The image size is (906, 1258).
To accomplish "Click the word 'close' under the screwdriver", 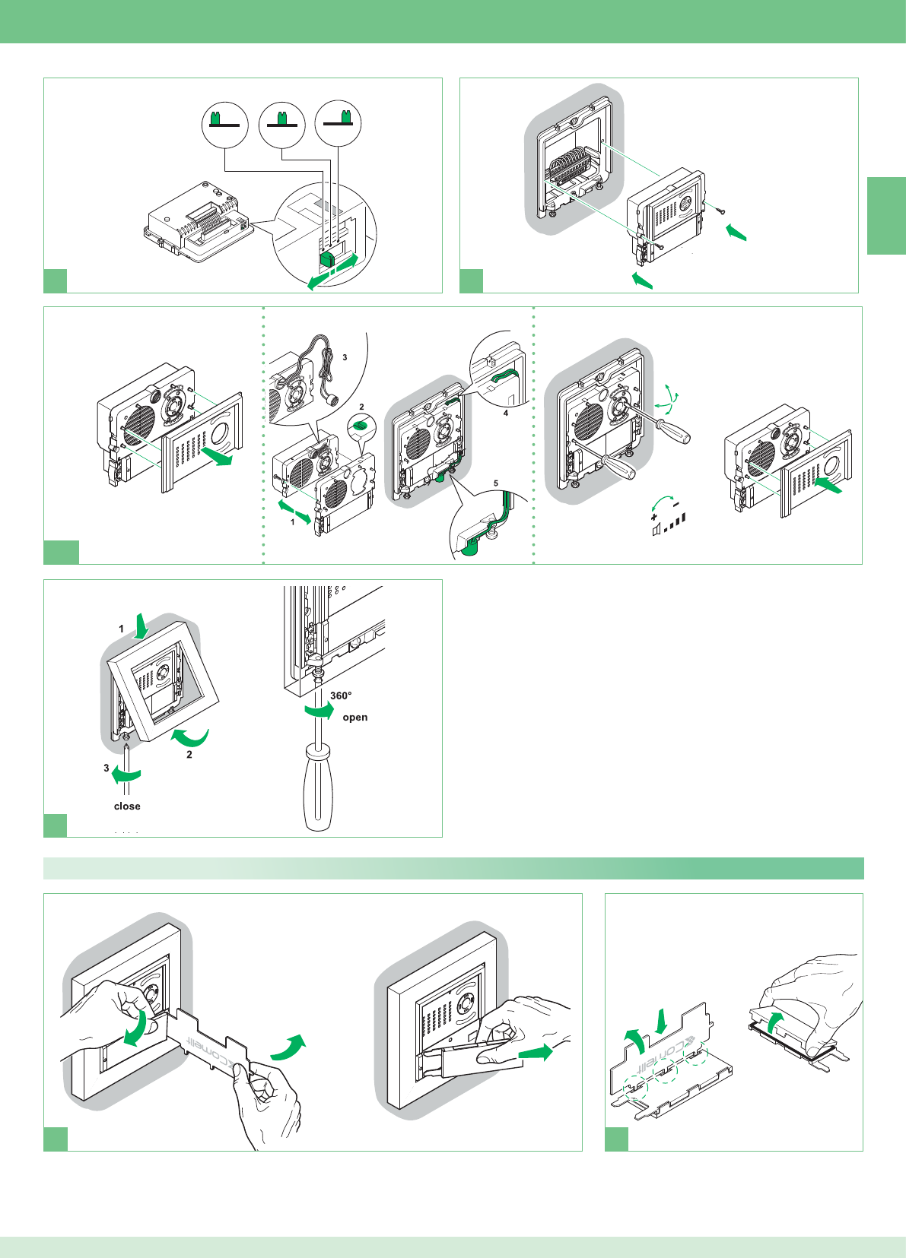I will tap(127, 806).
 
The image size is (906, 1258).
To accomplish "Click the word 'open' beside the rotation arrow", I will tap(354, 718).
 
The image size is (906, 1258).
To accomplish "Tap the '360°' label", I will tap(341, 696).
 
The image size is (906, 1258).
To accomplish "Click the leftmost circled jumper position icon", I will tap(225, 124).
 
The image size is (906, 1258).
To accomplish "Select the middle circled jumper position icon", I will tap(282, 124).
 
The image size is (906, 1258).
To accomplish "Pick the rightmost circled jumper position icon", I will tap(339, 124).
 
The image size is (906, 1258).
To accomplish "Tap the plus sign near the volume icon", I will tap(654, 517).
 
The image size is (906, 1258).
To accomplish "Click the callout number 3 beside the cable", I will tap(345, 357).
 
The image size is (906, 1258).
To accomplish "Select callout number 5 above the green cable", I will tap(496, 483).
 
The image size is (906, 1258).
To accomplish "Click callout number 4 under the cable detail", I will tap(506, 414).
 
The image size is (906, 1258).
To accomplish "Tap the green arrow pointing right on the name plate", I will tap(536, 1053).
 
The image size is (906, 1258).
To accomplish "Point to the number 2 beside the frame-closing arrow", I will tap(189, 755).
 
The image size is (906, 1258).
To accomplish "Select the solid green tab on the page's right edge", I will tap(886, 216).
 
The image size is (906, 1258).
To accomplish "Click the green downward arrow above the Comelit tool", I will tap(661, 1021).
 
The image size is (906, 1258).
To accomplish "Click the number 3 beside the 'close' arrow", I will tap(106, 768).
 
